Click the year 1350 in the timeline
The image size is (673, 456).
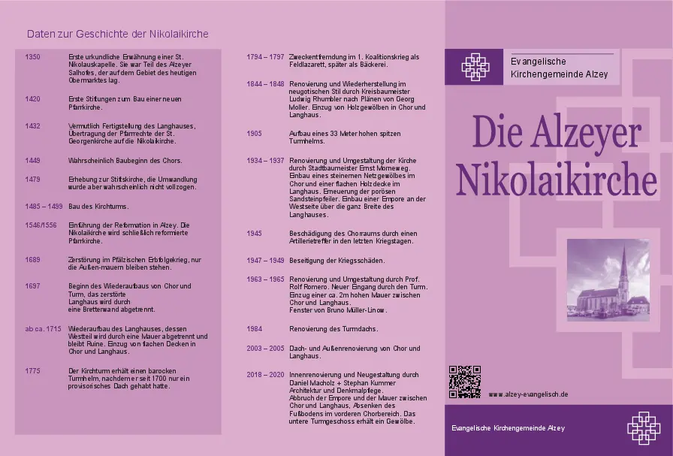(32, 57)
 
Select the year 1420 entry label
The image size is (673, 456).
(32, 99)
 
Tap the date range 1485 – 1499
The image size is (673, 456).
(44, 206)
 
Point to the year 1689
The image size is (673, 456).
(32, 259)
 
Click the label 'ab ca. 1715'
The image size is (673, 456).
(43, 329)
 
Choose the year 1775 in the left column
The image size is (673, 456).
(32, 370)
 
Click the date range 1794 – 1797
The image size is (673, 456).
(265, 57)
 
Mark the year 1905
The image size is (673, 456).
(254, 133)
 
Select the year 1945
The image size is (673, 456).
(254, 234)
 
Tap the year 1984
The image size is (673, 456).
(254, 329)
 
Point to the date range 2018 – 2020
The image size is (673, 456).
(265, 374)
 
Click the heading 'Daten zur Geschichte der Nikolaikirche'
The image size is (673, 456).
(117, 34)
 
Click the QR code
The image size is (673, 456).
(464, 382)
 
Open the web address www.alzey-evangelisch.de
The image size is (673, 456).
(528, 394)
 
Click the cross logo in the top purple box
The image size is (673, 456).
(474, 67)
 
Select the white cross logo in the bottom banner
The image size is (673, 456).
(643, 427)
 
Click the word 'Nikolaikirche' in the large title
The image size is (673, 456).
(557, 180)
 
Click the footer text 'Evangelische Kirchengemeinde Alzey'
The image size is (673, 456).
(508, 427)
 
